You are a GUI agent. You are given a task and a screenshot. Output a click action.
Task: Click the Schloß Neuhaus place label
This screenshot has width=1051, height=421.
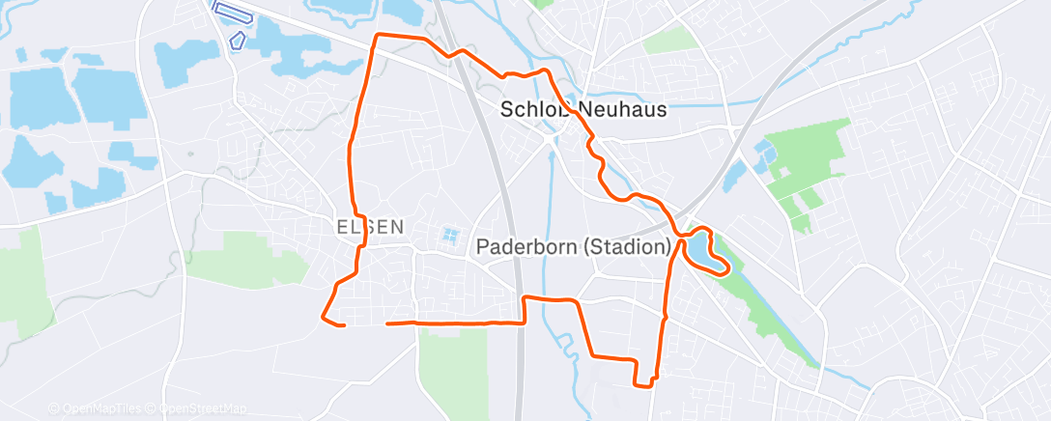(583, 109)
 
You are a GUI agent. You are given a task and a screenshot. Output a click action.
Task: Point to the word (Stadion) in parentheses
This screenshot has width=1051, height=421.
(627, 247)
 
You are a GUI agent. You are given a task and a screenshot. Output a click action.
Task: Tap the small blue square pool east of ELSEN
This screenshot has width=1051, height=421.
(449, 235)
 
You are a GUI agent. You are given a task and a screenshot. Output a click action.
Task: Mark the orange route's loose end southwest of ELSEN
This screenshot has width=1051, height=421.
(345, 325)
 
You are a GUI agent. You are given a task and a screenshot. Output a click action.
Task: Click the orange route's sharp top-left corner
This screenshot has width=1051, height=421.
(376, 36)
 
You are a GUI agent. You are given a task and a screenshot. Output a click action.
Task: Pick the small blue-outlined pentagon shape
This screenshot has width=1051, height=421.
(237, 40)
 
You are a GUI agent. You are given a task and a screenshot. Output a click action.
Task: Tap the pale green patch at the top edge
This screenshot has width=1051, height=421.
(669, 40)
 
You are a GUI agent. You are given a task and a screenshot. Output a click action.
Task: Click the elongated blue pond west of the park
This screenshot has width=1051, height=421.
(734, 175)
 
